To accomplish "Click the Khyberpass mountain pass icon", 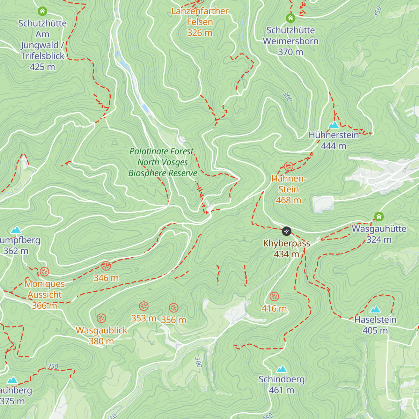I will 286,231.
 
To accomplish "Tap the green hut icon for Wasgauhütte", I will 379,216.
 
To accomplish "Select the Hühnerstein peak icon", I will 334,125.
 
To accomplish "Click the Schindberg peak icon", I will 281,369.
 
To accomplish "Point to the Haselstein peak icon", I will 375,309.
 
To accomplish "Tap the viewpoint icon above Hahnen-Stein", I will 288,166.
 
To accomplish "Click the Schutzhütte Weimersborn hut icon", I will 291,18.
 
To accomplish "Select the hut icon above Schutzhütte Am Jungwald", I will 42,11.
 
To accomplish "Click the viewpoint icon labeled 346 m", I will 106,266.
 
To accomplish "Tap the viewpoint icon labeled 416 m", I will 274,297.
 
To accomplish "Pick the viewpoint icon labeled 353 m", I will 144,307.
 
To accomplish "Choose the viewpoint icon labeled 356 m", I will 174,308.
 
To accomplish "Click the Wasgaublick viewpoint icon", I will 101,318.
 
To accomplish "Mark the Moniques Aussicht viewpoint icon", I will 44,272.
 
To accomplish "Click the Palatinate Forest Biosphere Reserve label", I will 163,162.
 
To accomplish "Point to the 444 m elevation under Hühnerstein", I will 333,146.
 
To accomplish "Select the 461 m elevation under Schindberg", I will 281,390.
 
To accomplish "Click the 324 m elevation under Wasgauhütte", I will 379,240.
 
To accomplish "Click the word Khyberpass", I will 287,243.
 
